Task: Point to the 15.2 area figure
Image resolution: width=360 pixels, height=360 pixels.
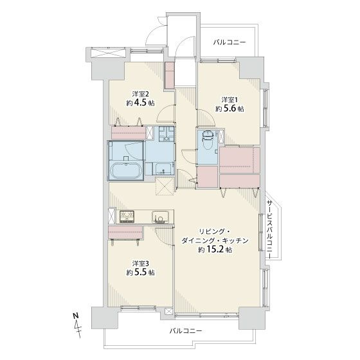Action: pos(215,249)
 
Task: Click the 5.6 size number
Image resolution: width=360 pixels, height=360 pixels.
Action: pos(230,109)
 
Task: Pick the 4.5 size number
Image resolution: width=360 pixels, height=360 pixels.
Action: pos(140,103)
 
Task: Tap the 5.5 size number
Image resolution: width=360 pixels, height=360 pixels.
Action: pos(140,273)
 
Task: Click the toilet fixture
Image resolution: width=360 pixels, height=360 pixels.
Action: pos(208,139)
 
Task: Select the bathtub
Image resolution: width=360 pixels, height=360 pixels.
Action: pos(125,170)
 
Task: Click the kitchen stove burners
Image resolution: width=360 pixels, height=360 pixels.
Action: pos(127,216)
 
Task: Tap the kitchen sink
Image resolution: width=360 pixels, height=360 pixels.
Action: pos(159,217)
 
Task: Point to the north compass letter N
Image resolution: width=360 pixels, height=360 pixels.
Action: pos(76,316)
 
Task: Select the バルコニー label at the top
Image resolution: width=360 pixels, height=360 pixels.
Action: pos(230,42)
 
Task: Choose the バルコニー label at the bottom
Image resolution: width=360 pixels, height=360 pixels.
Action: pos(186,331)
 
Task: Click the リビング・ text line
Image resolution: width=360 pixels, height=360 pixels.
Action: pos(215,231)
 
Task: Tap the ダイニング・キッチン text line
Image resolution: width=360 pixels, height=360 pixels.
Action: pos(215,240)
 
